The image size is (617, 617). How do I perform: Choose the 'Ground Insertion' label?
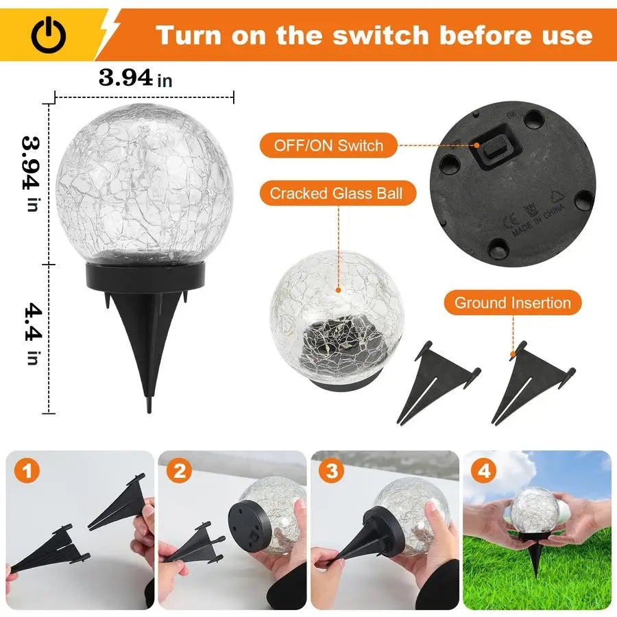[x=512, y=302]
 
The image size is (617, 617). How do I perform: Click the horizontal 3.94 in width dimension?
[x=135, y=77]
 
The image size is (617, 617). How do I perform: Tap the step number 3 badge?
[x=332, y=472]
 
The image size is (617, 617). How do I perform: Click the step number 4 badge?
[x=485, y=472]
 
